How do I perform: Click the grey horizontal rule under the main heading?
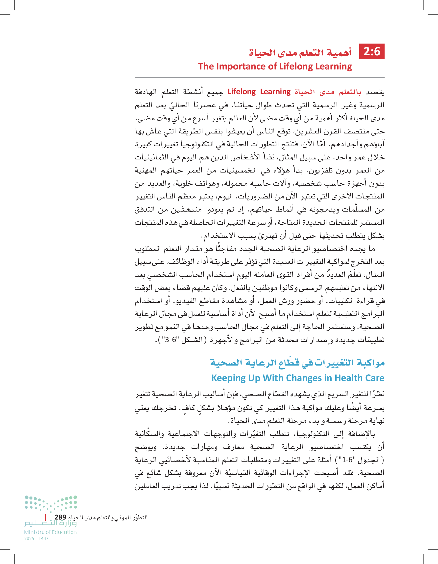[259, 77]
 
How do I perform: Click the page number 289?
[60, 517]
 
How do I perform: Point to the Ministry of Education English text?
[50, 532]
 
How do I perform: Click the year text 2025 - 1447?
[36, 539]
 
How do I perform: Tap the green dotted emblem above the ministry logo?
[51, 503]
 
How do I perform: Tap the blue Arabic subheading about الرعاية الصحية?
[297, 363]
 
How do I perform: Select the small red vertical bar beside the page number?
[46, 517]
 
